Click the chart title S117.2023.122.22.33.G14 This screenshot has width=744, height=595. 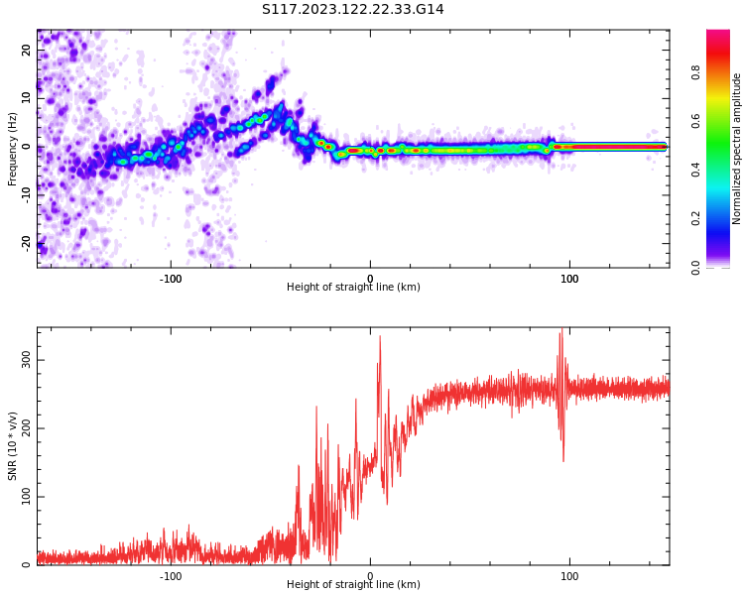pos(352,10)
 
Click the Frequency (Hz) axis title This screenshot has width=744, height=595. pos(13,149)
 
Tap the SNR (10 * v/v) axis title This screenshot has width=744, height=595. pos(13,446)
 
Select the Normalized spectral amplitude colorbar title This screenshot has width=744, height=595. pos(737,149)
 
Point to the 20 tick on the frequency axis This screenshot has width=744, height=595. pos(27,51)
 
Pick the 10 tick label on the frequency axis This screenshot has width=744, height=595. pos(27,99)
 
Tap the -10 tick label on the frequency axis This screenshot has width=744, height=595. pos(27,195)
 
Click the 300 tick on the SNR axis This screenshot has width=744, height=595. pos(27,360)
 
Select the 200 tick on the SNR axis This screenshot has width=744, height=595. pos(27,428)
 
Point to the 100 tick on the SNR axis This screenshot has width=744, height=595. pos(27,497)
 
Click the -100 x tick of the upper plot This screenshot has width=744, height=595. pos(171,279)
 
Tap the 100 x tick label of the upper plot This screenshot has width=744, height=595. pos(569,279)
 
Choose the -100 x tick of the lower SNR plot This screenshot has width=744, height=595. pos(171,576)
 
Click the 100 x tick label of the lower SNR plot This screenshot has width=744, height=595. pos(569,576)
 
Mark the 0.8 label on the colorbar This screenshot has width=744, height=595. pos(696,71)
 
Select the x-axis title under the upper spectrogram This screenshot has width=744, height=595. pos(353,288)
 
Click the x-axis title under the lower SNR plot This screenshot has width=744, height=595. pos(353,585)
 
